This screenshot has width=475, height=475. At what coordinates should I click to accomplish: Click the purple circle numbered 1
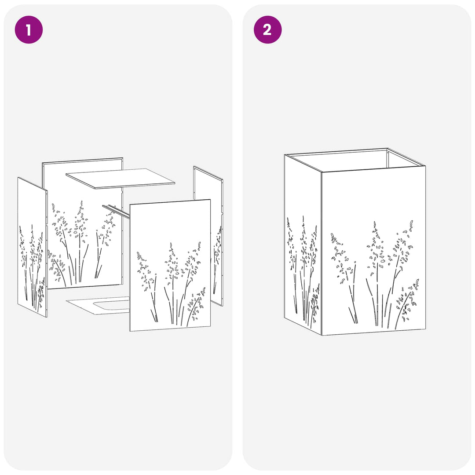click(29, 30)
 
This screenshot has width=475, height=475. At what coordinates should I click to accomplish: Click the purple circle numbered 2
click(267, 30)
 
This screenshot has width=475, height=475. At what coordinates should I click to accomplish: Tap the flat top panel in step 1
click(120, 179)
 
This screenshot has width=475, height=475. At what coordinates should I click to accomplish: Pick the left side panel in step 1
click(33, 247)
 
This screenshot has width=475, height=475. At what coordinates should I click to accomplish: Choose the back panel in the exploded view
click(82, 224)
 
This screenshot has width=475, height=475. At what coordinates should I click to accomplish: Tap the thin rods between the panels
click(116, 211)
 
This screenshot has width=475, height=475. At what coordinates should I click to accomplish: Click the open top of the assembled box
click(354, 161)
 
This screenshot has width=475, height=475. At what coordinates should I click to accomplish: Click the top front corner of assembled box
click(322, 172)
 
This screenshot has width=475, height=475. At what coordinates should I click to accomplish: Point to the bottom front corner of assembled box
click(322, 335)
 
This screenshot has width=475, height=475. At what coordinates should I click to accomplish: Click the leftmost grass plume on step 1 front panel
click(147, 286)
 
